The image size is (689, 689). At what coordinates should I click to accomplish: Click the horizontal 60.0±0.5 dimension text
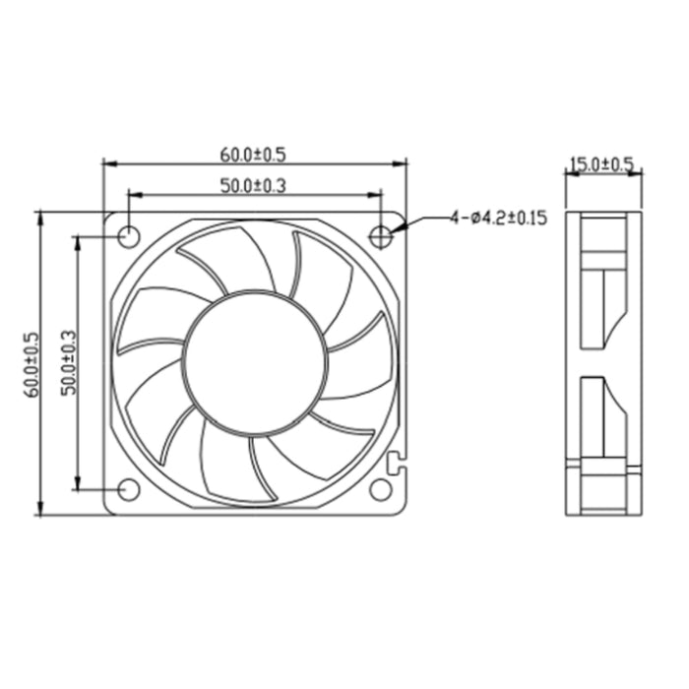(254, 155)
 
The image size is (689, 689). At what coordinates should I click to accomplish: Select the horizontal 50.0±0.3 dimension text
(254, 185)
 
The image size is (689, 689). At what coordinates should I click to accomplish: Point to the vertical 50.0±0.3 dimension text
(67, 363)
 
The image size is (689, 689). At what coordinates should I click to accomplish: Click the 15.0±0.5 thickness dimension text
(602, 164)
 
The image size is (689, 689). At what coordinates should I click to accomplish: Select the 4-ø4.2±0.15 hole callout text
(498, 219)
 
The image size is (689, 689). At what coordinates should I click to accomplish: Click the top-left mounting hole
(128, 236)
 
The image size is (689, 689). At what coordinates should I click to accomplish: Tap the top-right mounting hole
(382, 236)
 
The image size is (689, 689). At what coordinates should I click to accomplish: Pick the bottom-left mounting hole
(128, 490)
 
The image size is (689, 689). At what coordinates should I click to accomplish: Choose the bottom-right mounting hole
(382, 490)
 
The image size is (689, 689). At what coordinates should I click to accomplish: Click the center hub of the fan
(255, 363)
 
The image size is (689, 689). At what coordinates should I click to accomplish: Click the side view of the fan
(602, 363)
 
